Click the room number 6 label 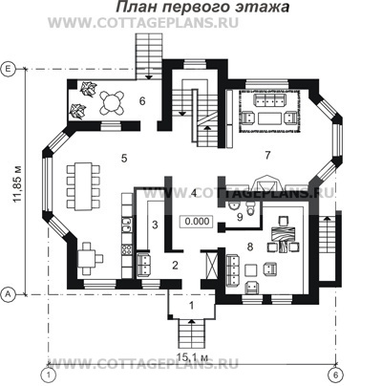140,99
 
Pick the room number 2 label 175,265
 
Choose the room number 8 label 249,247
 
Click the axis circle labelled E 8,69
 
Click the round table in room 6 114,97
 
